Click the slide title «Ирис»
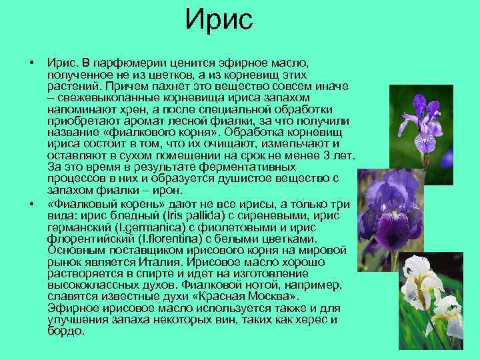click(219, 21)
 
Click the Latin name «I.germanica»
click(131, 227)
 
